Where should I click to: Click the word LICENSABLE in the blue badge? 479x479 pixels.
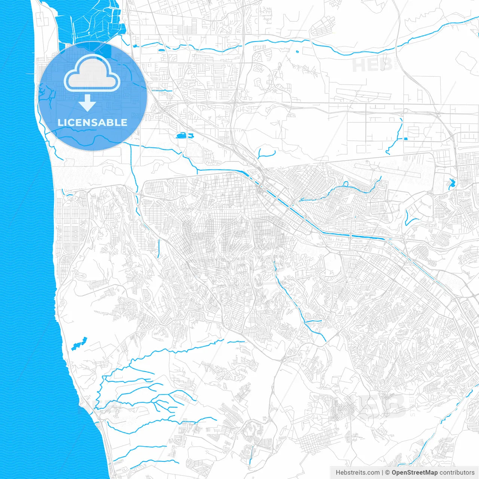[x=92, y=122]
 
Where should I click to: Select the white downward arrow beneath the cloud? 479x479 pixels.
[x=88, y=103]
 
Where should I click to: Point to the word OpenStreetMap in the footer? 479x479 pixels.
[x=414, y=473]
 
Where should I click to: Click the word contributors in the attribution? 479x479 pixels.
[x=457, y=473]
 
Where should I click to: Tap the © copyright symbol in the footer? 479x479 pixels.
[x=387, y=473]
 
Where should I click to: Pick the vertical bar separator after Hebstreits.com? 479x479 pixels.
[x=382, y=473]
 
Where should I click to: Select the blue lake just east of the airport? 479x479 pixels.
[x=451, y=183]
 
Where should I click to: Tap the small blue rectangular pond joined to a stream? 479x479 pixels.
[x=405, y=139]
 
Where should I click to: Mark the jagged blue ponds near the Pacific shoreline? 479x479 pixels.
[x=79, y=344]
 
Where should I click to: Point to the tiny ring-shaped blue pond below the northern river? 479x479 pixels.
[x=298, y=52]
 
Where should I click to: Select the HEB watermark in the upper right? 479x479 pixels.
[x=372, y=65]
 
